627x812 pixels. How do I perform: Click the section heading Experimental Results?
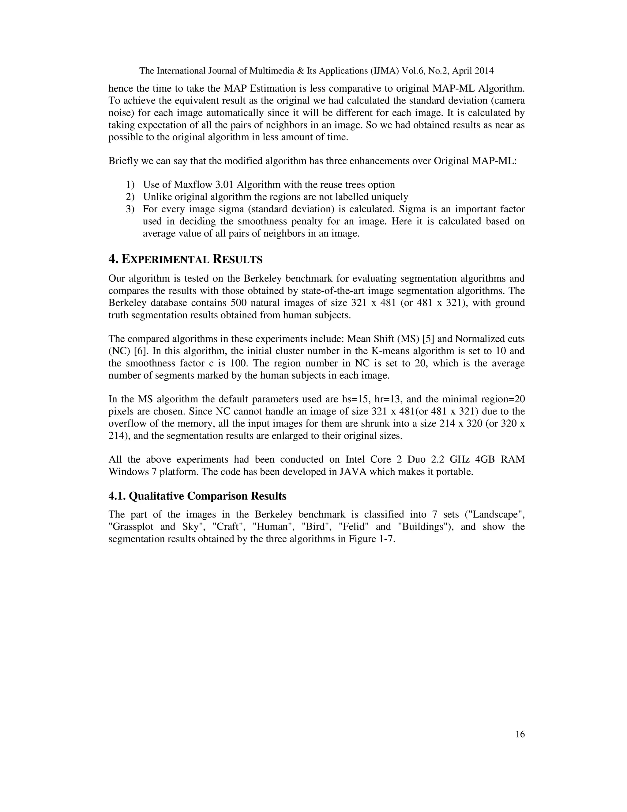[x=185, y=259]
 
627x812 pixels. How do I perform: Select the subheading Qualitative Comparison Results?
[x=197, y=496]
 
